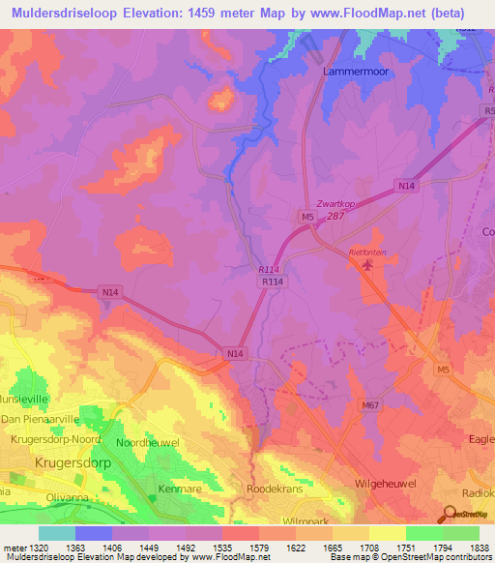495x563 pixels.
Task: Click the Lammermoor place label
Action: pyautogui.click(x=356, y=72)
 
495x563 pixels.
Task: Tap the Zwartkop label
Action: pyautogui.click(x=335, y=205)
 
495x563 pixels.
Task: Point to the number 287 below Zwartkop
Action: pyautogui.click(x=335, y=216)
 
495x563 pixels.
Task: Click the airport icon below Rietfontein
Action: pyautogui.click(x=366, y=265)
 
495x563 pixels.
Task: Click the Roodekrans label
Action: pyautogui.click(x=279, y=489)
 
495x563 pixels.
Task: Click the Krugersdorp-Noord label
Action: pyautogui.click(x=55, y=438)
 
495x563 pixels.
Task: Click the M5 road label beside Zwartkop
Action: pyautogui.click(x=307, y=218)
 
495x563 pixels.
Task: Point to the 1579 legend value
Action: pyautogui.click(x=240, y=548)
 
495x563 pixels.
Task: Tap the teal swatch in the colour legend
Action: pyautogui.click(x=56, y=533)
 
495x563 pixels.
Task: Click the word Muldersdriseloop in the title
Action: pyautogui.click(x=57, y=14)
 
